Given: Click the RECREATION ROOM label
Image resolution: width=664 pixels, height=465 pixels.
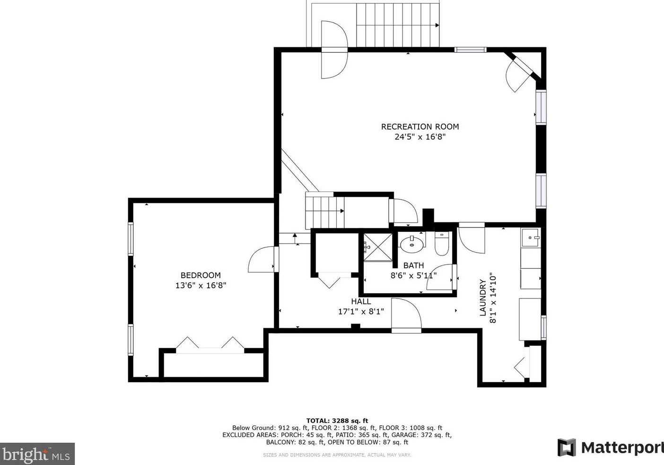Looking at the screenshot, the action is pos(420,127).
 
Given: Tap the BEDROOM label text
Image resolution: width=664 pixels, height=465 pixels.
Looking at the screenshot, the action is pos(201,275).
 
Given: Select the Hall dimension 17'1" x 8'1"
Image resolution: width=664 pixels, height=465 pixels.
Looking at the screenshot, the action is pos(361,312).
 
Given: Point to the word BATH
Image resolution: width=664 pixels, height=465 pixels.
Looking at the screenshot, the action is pos(413,265).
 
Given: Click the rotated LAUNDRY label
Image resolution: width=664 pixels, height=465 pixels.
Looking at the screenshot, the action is pos(483,298).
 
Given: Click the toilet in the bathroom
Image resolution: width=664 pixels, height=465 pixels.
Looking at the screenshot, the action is pos(442,244).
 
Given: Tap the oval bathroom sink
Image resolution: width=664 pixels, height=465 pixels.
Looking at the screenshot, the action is pos(412,245).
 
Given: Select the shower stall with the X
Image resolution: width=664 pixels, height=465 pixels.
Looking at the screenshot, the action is pos(378,247).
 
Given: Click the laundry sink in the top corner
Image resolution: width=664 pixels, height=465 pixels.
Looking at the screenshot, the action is pos(531,237).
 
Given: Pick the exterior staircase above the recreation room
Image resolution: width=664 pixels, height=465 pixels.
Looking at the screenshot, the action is pos(398,25).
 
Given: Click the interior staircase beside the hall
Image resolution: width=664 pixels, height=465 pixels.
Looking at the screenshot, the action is pos(325,211).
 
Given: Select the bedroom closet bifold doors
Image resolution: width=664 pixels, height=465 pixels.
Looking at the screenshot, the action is pos(210,345).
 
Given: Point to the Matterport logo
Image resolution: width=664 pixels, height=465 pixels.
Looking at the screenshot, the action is pos(611,447).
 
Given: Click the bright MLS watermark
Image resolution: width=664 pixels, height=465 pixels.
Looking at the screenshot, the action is pos(37,454).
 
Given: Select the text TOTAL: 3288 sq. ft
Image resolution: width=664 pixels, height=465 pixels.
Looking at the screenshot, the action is pos(337,421).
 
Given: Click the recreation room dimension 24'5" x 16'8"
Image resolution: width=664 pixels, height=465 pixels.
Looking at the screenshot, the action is pos(420,137).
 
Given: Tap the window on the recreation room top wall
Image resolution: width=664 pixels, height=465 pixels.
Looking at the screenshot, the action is pos(471,50).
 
